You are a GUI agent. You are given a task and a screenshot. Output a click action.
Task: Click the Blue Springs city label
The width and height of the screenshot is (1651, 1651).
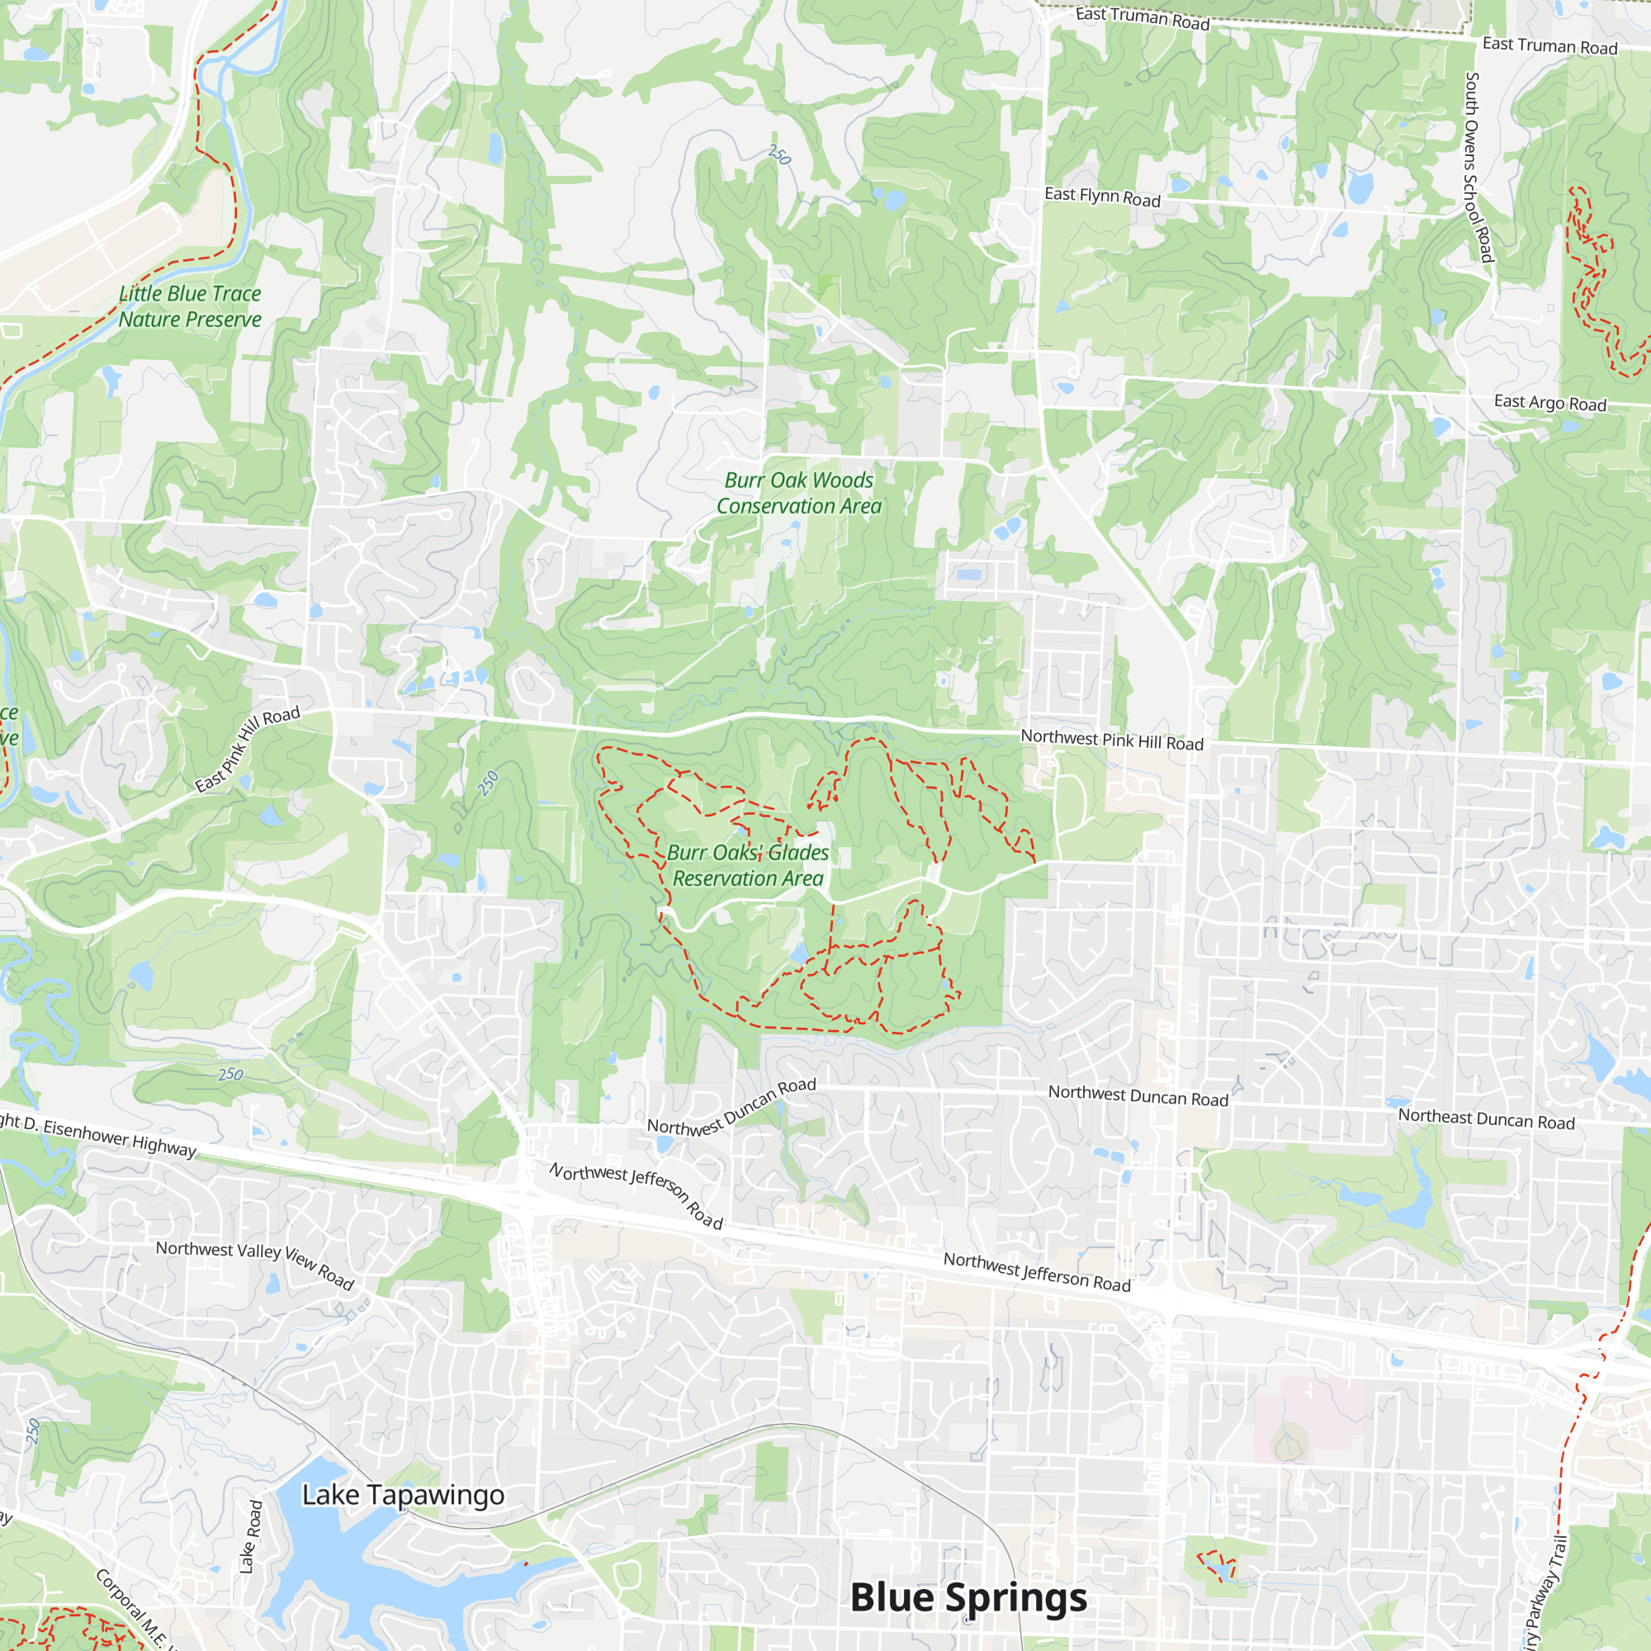pyautogui.click(x=968, y=1597)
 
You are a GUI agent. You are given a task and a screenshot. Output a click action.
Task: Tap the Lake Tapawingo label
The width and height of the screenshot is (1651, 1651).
pyautogui.click(x=404, y=1495)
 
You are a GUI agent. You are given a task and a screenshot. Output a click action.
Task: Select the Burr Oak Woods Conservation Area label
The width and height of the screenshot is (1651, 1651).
pyautogui.click(x=799, y=493)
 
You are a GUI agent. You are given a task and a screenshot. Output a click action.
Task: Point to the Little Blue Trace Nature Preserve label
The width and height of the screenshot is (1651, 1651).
pyautogui.click(x=190, y=306)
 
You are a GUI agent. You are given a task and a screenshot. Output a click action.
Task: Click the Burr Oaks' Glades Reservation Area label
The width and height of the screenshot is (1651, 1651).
pyautogui.click(x=748, y=865)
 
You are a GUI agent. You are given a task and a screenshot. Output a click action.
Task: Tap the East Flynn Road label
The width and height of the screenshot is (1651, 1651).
pyautogui.click(x=1102, y=197)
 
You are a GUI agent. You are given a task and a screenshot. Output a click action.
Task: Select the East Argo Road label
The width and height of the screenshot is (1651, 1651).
pyautogui.click(x=1550, y=403)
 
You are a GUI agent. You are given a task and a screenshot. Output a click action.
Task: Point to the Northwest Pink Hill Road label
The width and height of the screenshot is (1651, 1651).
pyautogui.click(x=1112, y=740)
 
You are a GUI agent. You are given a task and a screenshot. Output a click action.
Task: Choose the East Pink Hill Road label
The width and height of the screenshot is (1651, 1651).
pyautogui.click(x=248, y=750)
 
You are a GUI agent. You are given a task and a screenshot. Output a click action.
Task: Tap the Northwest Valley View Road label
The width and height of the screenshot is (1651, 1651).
pyautogui.click(x=254, y=1263)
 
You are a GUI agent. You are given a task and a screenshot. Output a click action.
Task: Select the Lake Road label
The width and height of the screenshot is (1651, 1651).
pyautogui.click(x=250, y=1536)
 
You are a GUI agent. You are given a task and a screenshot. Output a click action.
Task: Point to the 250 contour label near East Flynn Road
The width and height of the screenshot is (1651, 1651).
pyautogui.click(x=779, y=154)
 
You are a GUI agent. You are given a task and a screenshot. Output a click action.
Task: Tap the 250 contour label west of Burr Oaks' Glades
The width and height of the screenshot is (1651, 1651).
pyautogui.click(x=488, y=783)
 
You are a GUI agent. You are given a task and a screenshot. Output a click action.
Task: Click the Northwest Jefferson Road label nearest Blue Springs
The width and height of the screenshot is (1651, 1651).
pyautogui.click(x=1037, y=1271)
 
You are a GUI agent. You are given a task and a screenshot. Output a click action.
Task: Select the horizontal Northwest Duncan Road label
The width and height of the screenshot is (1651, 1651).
pyautogui.click(x=1138, y=1095)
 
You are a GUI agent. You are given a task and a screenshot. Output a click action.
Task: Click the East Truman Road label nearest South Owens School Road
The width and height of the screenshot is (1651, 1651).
pyautogui.click(x=1549, y=46)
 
